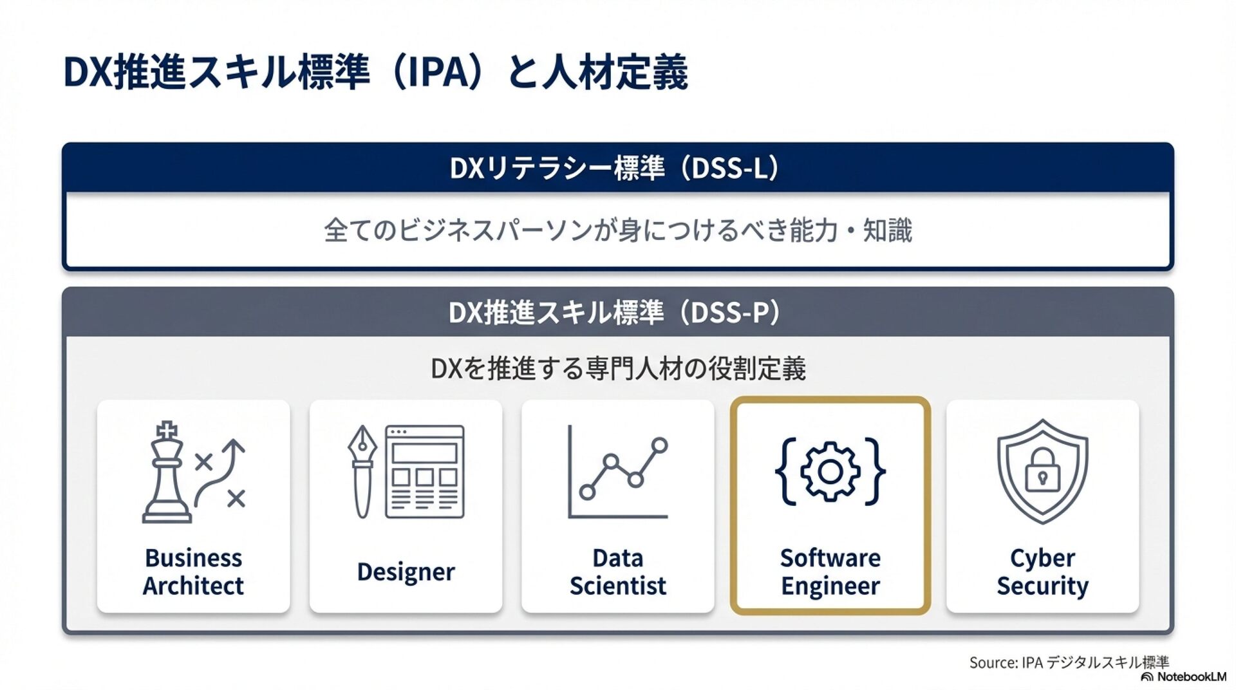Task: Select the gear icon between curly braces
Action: click(830, 471)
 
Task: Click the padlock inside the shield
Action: click(1042, 470)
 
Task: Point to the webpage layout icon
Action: click(424, 472)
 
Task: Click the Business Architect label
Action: click(193, 572)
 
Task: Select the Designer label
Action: click(406, 572)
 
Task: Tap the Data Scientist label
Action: click(617, 572)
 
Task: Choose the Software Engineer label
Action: click(830, 572)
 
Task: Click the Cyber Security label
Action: click(1042, 572)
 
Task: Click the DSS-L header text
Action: click(615, 168)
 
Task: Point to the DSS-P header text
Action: click(615, 313)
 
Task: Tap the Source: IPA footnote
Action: click(1069, 662)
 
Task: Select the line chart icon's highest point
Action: click(659, 445)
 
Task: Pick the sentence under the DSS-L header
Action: click(617, 230)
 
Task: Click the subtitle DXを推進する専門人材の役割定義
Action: click(617, 369)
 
